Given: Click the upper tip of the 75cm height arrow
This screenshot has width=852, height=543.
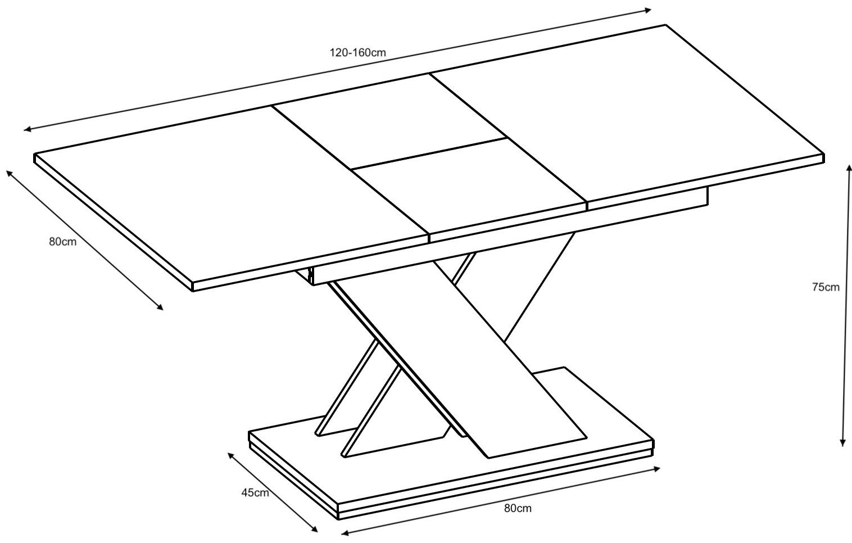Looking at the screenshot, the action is (x=848, y=164).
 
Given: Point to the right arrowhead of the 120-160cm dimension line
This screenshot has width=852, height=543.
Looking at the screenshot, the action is (x=651, y=10).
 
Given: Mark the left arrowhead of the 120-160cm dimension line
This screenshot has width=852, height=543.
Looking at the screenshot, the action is (x=24, y=130).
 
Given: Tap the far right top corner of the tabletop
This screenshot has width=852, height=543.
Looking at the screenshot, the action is (x=665, y=25).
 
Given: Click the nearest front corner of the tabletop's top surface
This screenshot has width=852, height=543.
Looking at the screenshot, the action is (x=192, y=282).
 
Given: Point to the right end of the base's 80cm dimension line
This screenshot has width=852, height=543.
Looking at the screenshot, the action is (x=660, y=468).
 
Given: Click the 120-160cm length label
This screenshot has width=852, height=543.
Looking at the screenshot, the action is (x=357, y=52).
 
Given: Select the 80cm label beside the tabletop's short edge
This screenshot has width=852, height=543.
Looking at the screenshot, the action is (x=63, y=242).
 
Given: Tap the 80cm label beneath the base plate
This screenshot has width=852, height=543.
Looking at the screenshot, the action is (x=518, y=508).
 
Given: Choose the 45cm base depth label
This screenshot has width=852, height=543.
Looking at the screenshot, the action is (x=255, y=493).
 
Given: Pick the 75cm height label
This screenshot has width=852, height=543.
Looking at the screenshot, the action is (x=826, y=287).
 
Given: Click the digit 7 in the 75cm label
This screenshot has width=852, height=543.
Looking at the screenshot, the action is (x=815, y=287).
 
